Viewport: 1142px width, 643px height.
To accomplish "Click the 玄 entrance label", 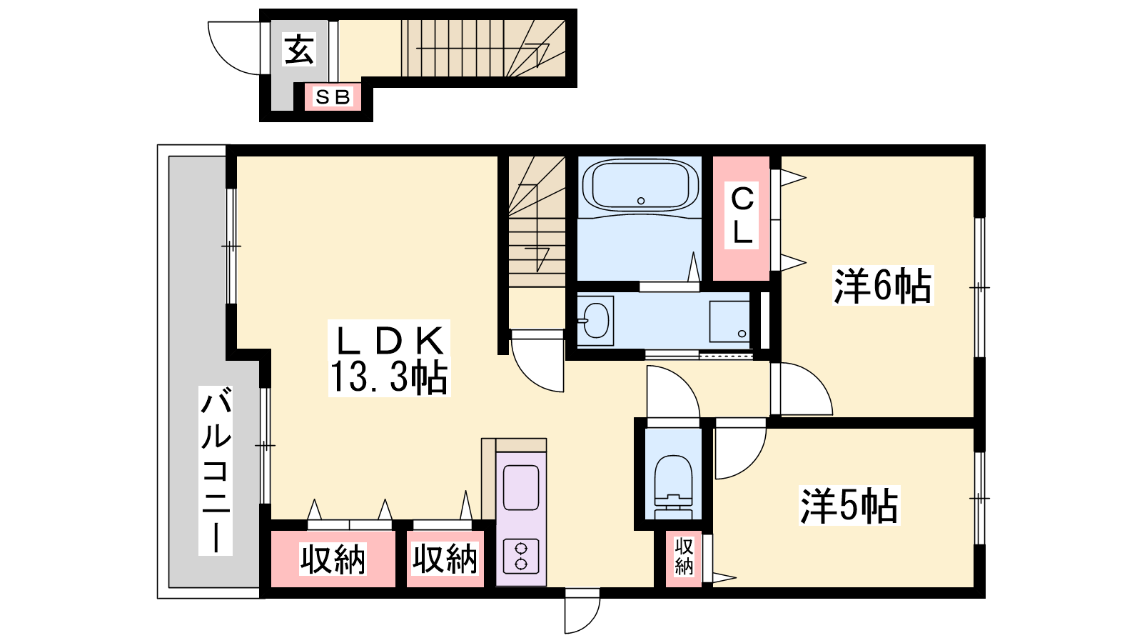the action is click(x=299, y=49).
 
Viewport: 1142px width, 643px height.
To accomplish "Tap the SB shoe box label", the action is click(x=333, y=96).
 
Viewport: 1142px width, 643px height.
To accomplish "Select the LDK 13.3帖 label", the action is click(x=389, y=359).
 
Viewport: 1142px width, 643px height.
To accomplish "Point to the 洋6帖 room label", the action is click(x=882, y=286).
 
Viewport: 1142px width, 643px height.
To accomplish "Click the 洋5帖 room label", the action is click(x=849, y=506).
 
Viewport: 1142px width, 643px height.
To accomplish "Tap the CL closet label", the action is click(x=742, y=215).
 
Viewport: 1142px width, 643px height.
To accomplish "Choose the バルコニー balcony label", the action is click(x=216, y=471).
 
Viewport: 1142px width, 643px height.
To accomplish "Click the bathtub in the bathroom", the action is click(x=640, y=185).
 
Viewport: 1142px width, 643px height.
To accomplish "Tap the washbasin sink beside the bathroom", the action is click(x=595, y=321).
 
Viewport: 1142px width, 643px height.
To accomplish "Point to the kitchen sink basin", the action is click(x=521, y=487).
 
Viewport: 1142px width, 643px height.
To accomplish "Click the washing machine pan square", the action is click(x=729, y=321).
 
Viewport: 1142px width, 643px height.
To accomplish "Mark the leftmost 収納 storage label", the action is click(x=333, y=559).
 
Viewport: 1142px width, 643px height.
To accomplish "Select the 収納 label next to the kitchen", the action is click(x=445, y=559).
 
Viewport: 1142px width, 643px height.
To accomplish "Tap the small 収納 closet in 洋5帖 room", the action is click(x=684, y=557).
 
